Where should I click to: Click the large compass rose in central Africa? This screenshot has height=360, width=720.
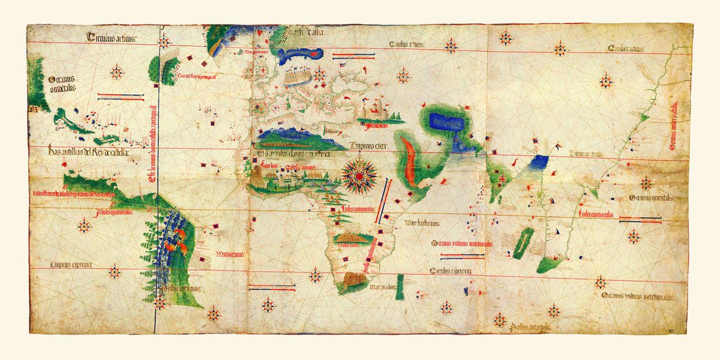click(x=359, y=175)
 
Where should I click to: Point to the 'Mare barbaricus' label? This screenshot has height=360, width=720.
click(x=422, y=223)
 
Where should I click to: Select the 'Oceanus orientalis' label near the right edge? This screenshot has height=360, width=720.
click(x=652, y=197)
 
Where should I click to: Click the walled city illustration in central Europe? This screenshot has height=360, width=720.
click(x=297, y=77)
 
